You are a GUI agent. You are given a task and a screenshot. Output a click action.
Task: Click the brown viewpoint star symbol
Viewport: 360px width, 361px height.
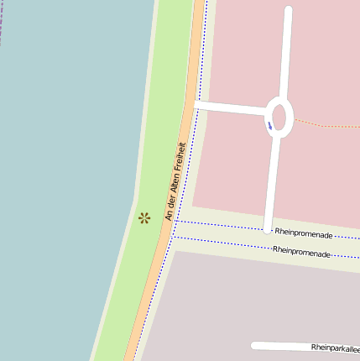(144, 218)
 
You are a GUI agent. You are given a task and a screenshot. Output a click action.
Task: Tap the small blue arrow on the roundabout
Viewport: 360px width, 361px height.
(270, 126)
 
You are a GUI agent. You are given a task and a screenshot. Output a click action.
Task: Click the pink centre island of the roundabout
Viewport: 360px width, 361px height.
(279, 118)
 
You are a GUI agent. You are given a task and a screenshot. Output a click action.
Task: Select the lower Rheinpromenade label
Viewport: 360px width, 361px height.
(301, 250)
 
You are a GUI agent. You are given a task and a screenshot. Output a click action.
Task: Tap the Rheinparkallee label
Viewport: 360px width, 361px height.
(335, 347)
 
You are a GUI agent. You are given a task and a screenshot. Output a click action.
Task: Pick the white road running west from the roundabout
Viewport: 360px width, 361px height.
(231, 107)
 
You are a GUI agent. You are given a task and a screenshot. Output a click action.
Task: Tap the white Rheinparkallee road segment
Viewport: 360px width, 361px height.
(281, 345)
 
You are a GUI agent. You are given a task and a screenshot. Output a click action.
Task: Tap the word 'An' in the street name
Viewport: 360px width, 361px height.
(168, 216)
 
